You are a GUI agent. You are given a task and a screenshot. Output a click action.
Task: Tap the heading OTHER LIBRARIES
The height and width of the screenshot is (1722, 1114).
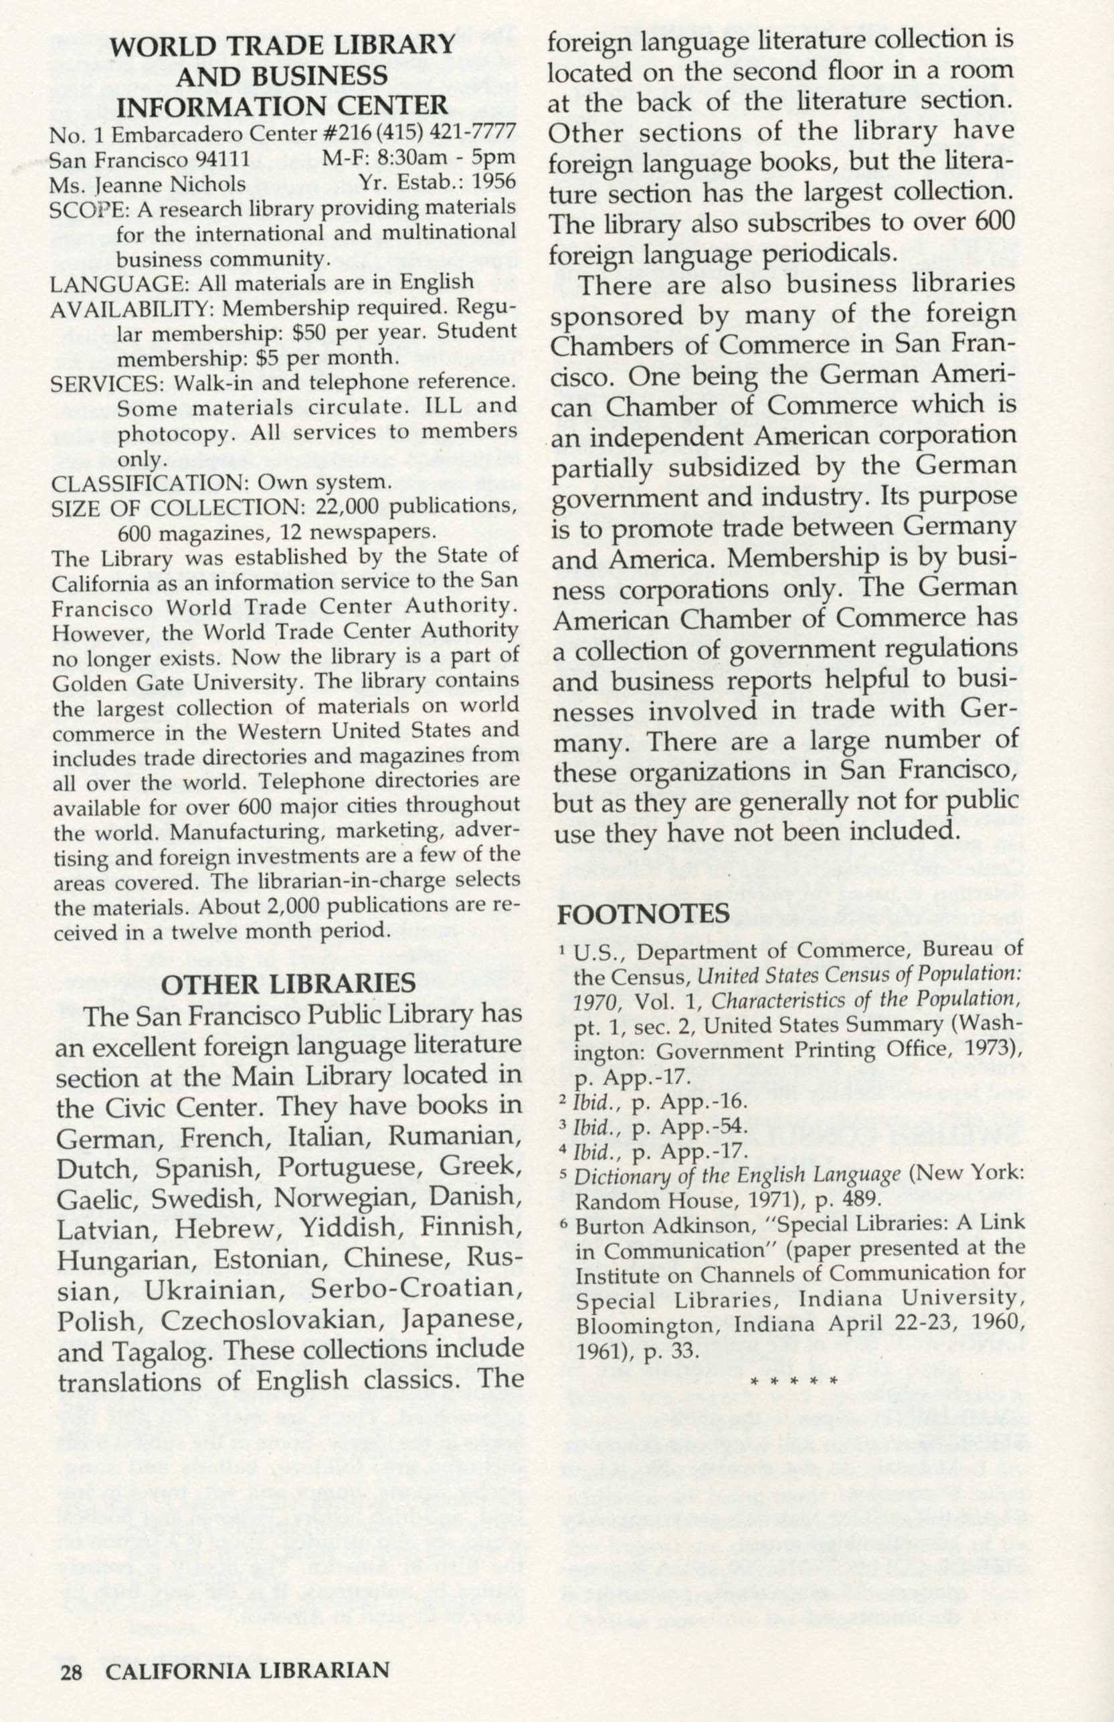pyautogui.click(x=288, y=983)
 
